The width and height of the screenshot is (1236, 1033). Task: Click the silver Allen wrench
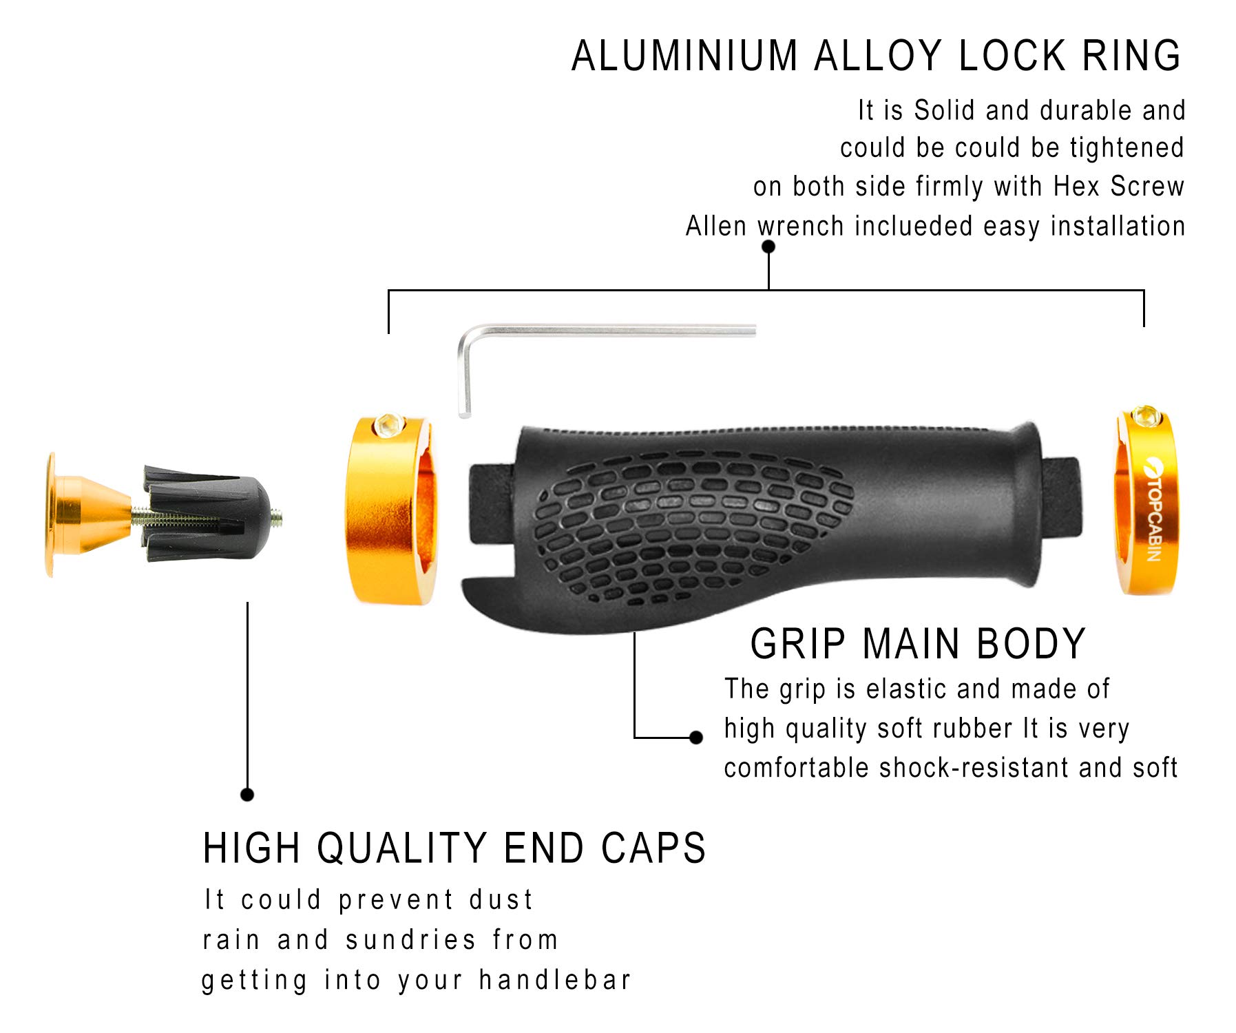(x=606, y=331)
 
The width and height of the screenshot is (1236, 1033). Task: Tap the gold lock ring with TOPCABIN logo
(x=1146, y=503)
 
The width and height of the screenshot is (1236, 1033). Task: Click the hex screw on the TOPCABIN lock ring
(x=1146, y=415)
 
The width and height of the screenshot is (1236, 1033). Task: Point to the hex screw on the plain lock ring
(x=388, y=426)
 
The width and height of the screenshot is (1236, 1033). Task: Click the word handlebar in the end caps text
(x=554, y=979)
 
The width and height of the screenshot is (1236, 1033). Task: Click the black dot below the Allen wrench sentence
(x=768, y=247)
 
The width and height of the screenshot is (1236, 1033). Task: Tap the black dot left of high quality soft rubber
(x=696, y=738)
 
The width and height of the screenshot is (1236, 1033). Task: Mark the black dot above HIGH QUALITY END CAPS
(x=247, y=795)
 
